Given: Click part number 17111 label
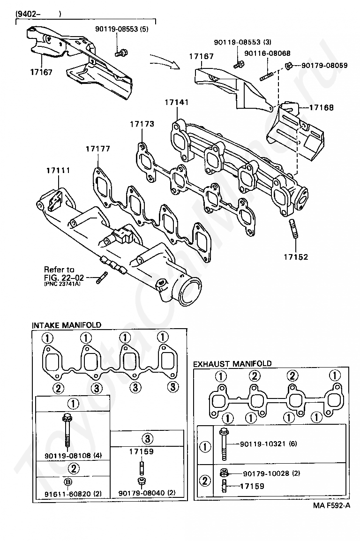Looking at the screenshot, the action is point(58,171).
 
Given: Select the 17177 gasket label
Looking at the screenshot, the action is point(97,149).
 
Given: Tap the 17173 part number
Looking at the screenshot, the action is point(142,124).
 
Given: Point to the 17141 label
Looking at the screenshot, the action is point(176,102).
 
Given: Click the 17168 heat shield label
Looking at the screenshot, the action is point(321,107).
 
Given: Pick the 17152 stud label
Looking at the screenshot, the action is point(296,257).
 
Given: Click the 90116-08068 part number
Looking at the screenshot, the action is point(267,53).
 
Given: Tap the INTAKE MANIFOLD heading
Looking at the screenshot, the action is point(67,325).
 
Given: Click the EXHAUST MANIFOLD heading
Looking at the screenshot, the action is point(232,364).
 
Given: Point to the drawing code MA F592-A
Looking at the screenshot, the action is point(332,506).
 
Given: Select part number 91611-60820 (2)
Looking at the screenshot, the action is point(73,494).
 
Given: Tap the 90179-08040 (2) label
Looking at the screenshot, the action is point(147,493).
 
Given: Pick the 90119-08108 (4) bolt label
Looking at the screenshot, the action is point(73,455).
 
